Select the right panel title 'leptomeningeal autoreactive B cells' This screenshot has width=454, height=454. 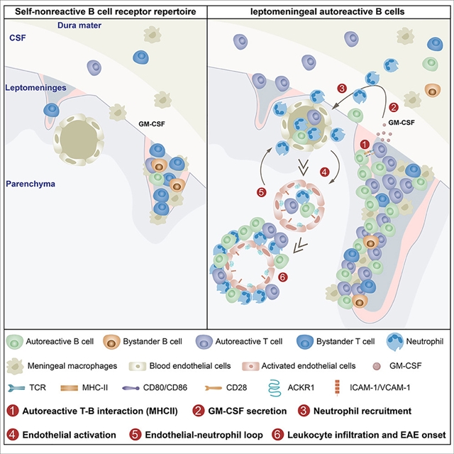[329, 9]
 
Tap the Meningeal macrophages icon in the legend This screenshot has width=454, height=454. [14, 365]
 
